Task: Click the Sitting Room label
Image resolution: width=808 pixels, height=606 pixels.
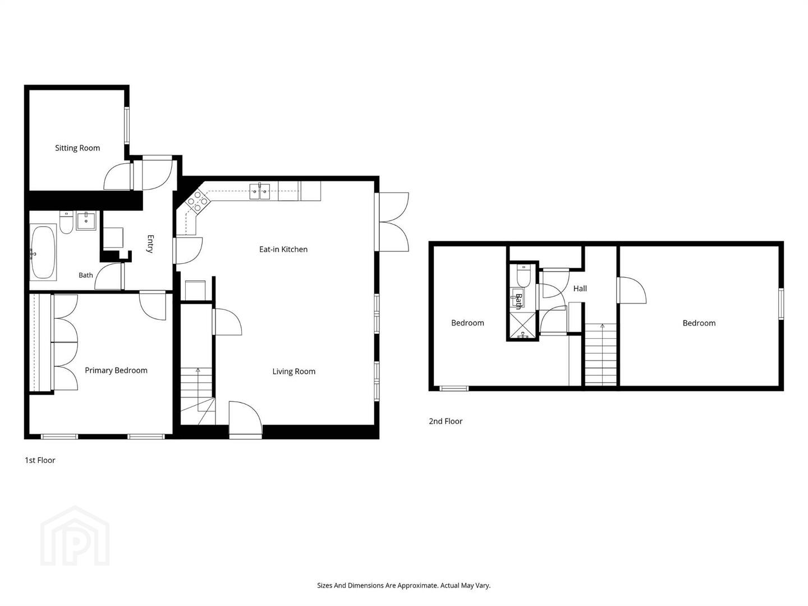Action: tap(77, 148)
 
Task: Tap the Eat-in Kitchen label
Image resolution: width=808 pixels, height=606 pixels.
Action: tap(283, 249)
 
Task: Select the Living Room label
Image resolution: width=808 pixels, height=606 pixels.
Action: tap(294, 371)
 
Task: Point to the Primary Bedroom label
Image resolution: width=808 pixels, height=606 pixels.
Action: tap(116, 370)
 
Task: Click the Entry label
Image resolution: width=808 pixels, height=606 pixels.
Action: tap(150, 244)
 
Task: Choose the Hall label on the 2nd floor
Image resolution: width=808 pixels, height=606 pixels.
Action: tap(580, 288)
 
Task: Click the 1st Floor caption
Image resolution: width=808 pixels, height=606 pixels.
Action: tap(40, 460)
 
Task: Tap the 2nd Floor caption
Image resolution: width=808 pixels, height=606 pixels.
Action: tap(446, 421)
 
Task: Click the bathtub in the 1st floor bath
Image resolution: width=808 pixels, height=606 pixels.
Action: tap(43, 252)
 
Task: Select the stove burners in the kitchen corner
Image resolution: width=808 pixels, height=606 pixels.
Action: tap(198, 201)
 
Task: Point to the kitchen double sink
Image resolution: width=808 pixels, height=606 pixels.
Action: tap(260, 191)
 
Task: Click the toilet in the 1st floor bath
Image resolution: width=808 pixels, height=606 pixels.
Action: tap(66, 222)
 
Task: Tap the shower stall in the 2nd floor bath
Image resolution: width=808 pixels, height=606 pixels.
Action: tap(522, 325)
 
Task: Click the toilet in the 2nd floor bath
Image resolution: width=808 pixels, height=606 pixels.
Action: tap(523, 276)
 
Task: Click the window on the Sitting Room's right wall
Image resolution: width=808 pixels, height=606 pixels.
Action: tap(127, 125)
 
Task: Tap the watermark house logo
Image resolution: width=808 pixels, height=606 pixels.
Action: tap(75, 537)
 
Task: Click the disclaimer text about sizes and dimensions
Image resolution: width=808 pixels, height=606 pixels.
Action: tap(404, 585)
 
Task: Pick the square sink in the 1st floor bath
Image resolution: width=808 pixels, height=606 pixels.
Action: tap(86, 221)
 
